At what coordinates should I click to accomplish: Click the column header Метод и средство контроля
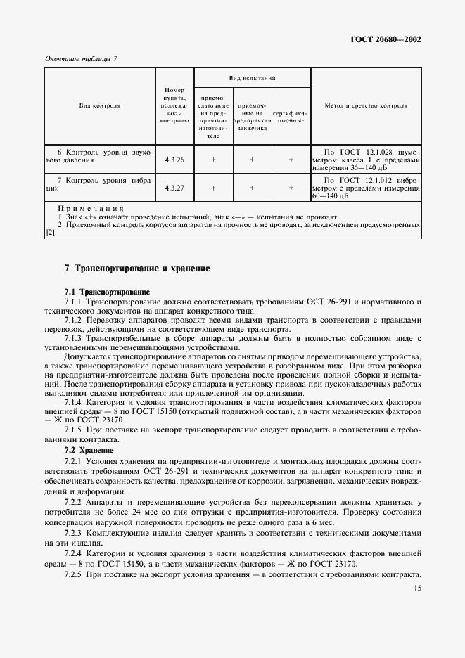coord(365,105)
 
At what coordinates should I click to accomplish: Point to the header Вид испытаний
coord(251,77)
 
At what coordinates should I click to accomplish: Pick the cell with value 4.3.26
coord(174,160)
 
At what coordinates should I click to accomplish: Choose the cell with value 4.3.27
coord(174,188)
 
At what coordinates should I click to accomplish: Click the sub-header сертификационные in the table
coord(290,116)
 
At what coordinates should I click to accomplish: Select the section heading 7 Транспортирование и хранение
coord(136,269)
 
